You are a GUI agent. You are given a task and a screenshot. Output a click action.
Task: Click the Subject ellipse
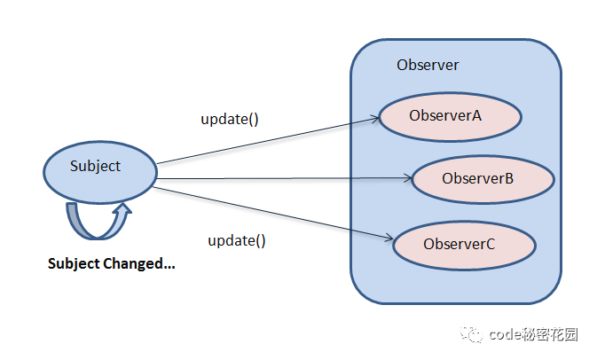point(100,172)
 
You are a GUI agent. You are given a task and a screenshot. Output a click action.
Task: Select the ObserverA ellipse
point(451,117)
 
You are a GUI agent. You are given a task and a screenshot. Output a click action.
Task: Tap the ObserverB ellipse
point(483,179)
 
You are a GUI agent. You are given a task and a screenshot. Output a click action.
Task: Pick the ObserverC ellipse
point(465,246)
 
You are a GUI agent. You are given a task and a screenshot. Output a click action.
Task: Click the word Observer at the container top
point(428,65)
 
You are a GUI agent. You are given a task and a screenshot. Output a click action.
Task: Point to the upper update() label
point(230,119)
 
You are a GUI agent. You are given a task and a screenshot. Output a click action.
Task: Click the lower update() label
point(237,240)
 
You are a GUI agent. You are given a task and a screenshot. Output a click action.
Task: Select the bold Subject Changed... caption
point(112,263)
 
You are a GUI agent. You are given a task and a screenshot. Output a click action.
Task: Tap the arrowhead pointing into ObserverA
point(376,118)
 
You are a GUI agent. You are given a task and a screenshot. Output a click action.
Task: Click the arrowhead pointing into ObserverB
point(409,177)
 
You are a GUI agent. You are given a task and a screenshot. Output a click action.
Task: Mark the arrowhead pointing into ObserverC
point(389,238)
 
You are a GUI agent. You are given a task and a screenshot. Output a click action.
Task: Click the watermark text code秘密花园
point(533,334)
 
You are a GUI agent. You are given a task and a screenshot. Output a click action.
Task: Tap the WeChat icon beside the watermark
point(471,333)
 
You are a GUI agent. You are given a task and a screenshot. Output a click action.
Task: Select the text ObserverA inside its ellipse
point(445,115)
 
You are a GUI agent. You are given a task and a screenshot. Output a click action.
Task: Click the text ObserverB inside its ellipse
point(478,178)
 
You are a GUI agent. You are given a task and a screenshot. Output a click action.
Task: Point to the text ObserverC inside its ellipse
point(460,244)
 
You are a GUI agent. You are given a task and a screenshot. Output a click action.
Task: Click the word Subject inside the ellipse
point(95,167)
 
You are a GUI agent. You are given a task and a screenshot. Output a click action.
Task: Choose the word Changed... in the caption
point(139,263)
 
